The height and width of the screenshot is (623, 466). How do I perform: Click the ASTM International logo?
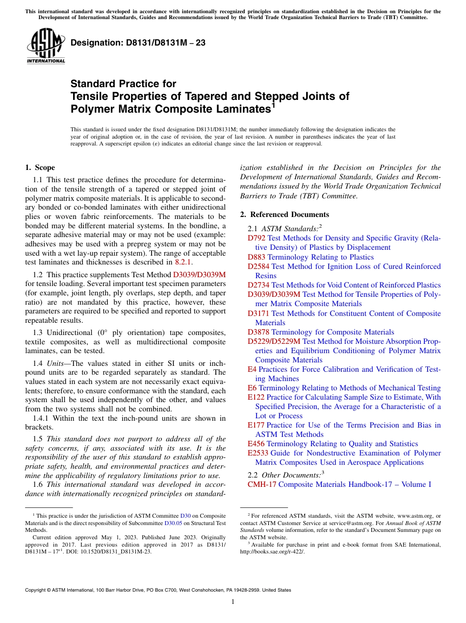click(x=46, y=46)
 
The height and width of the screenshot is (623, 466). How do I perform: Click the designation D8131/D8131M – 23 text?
click(x=138, y=43)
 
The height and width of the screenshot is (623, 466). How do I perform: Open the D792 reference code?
click(x=256, y=239)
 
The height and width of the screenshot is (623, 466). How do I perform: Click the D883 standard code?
click(x=256, y=257)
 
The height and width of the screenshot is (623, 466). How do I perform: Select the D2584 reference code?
click(x=259, y=266)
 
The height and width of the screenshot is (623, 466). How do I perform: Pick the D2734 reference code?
click(x=259, y=285)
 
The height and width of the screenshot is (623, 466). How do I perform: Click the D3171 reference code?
click(x=259, y=313)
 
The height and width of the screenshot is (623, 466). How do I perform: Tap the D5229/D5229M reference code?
click(x=274, y=341)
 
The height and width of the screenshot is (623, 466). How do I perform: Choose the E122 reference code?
click(x=256, y=397)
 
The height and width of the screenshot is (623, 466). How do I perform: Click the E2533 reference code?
click(x=258, y=453)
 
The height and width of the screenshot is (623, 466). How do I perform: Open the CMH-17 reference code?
click(x=262, y=484)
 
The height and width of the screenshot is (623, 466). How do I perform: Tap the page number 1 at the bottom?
click(x=233, y=602)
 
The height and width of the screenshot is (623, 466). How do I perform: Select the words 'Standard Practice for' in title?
click(x=123, y=84)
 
